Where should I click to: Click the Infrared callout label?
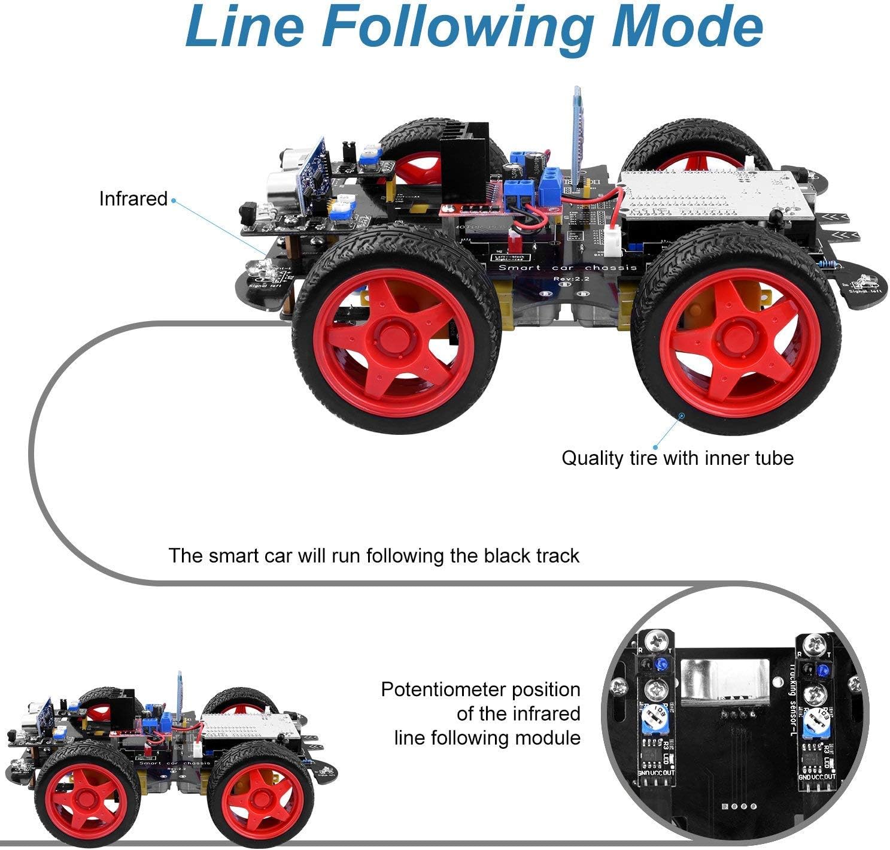click(x=133, y=199)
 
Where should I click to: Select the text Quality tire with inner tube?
click(x=677, y=458)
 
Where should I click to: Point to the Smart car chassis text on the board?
click(x=567, y=268)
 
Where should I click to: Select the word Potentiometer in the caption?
click(x=445, y=689)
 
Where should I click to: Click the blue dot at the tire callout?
click(x=681, y=414)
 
